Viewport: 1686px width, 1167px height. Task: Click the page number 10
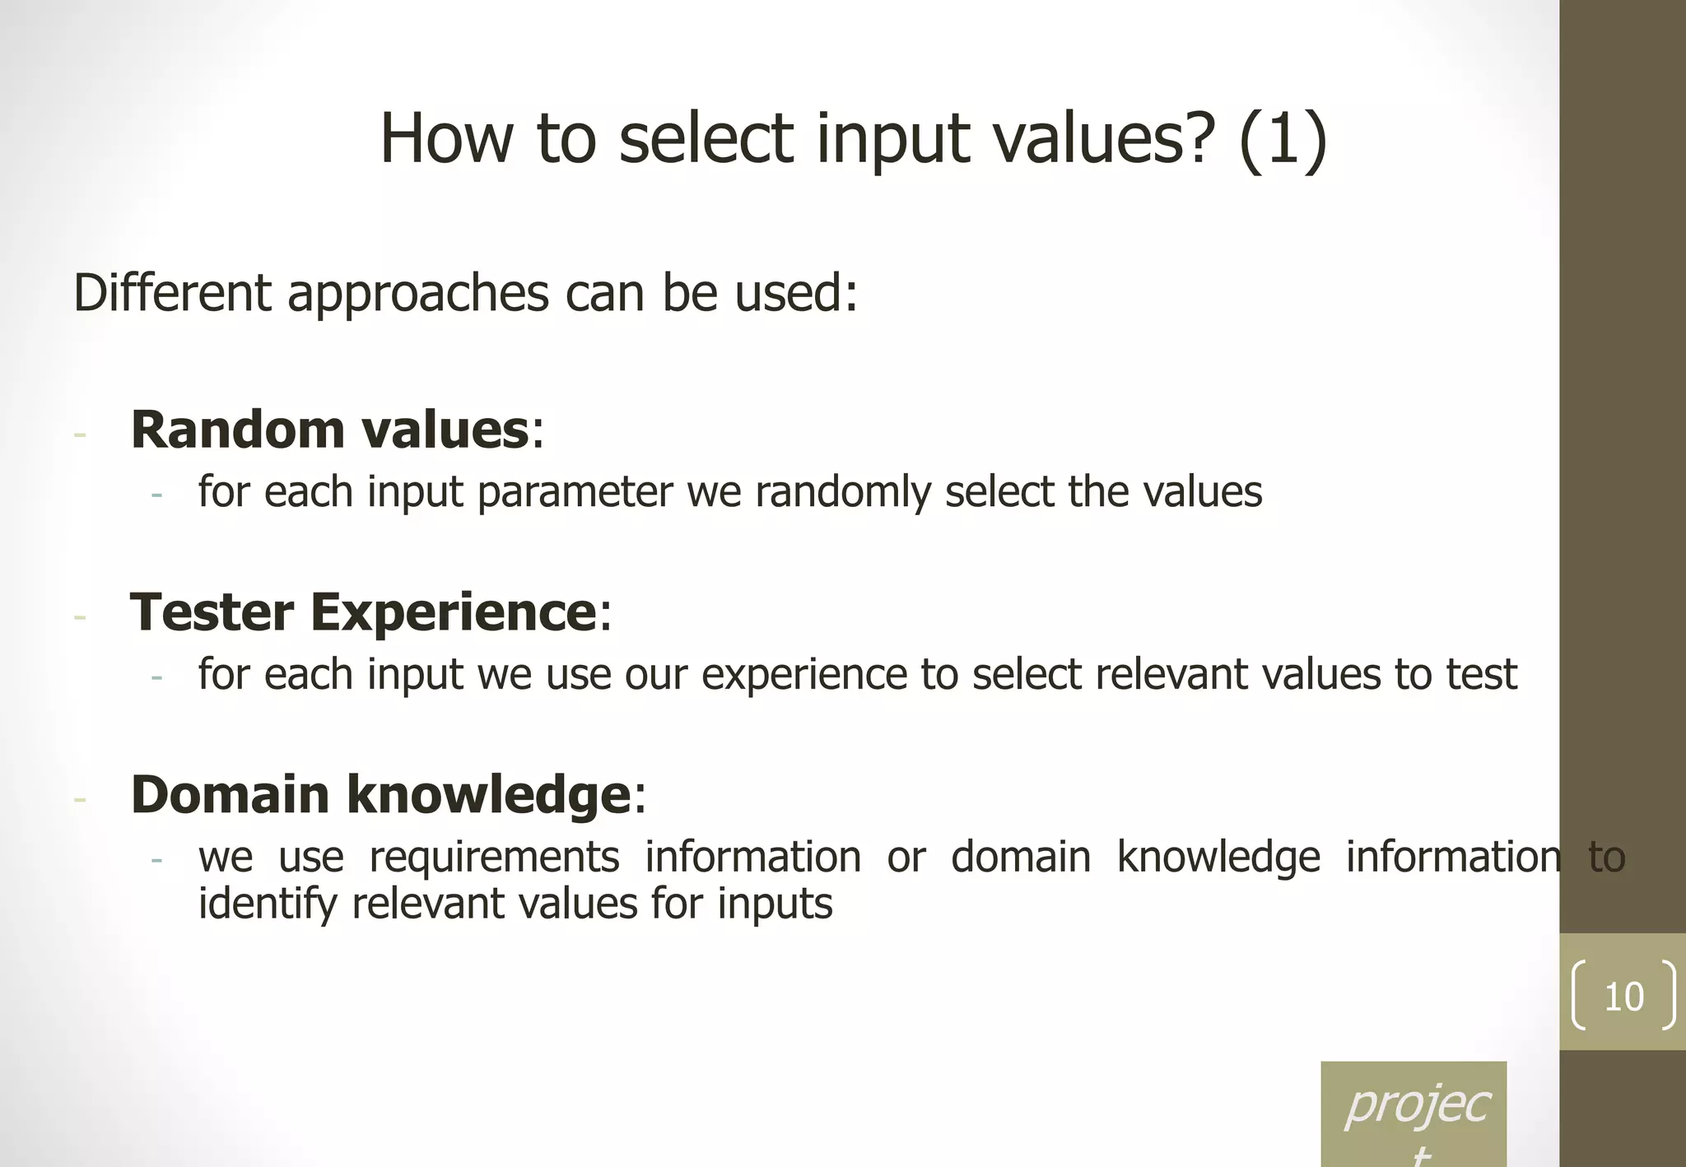[1623, 997]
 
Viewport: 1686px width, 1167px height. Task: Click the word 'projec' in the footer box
[1417, 1104]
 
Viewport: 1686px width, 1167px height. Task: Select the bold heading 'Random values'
[329, 430]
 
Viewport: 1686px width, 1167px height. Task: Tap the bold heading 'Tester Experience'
[363, 612]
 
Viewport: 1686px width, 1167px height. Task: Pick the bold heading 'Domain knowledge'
[380, 795]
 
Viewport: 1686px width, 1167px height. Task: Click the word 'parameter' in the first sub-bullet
[575, 492]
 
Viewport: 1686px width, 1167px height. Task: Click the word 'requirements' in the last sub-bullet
[494, 858]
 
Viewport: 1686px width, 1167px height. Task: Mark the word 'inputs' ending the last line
[775, 904]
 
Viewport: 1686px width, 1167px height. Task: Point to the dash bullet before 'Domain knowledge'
[80, 799]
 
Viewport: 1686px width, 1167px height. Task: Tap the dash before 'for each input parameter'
[156, 495]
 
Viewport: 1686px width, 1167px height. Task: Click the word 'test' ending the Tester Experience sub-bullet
[1482, 675]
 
